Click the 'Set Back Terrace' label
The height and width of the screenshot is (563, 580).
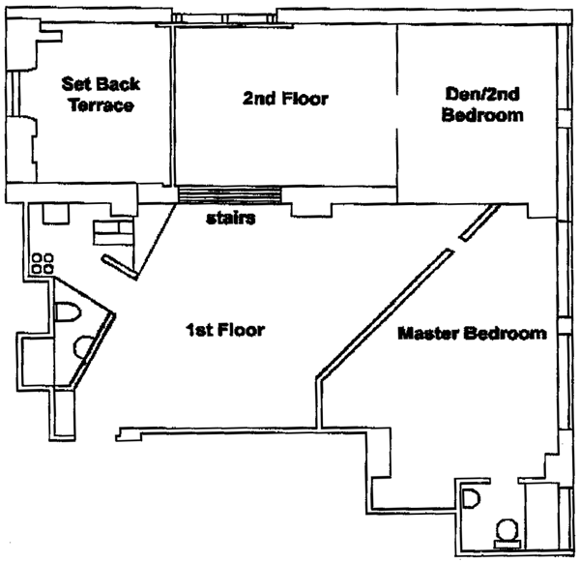coord(98,93)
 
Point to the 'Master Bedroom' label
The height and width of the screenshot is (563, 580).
coord(473,334)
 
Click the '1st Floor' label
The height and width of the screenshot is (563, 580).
coord(225,330)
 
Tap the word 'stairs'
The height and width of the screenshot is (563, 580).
coord(231,219)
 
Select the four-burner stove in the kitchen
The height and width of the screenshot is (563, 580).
coord(43,263)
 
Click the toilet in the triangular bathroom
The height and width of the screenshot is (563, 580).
coord(68,313)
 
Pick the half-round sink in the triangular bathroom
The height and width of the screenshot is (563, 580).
coord(85,345)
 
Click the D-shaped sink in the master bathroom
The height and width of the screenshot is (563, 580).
coord(473,501)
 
